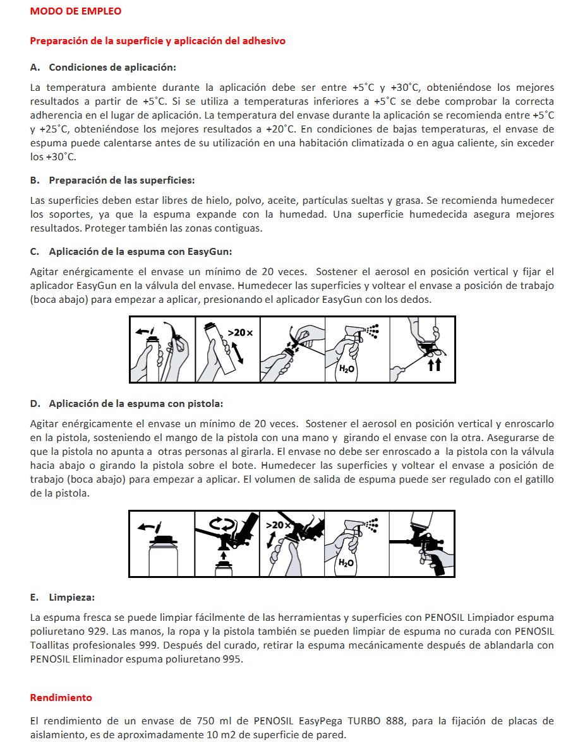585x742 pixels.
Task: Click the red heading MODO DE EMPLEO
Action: (x=76, y=11)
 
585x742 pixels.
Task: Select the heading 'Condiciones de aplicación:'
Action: (x=112, y=67)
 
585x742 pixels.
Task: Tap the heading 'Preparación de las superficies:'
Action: (x=122, y=180)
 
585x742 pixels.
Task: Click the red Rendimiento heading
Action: (x=61, y=698)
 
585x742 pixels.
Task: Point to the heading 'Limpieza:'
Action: (x=71, y=597)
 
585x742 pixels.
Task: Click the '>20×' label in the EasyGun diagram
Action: (x=240, y=333)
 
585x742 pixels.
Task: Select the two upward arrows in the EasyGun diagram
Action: (x=435, y=365)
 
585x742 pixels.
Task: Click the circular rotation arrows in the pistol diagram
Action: (x=222, y=524)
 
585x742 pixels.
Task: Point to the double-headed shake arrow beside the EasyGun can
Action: (x=238, y=352)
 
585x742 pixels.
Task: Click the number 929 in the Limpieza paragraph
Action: (x=97, y=631)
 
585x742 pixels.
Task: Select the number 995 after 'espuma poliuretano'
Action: (x=232, y=659)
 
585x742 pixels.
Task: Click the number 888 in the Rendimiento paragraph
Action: (x=395, y=721)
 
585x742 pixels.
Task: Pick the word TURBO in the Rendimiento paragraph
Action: (x=364, y=721)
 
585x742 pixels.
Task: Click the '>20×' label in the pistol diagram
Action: (x=277, y=525)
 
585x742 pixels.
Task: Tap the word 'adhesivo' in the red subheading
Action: (x=264, y=40)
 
